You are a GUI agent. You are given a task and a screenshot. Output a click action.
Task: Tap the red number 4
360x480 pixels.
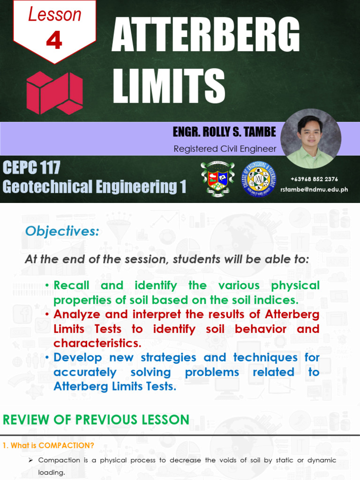coord(54,41)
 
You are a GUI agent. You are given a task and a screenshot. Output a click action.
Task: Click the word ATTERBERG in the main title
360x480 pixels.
coord(205,37)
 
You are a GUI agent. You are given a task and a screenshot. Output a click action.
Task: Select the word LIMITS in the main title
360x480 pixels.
coord(169,85)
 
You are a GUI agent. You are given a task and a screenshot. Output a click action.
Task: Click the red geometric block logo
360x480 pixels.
coord(54,93)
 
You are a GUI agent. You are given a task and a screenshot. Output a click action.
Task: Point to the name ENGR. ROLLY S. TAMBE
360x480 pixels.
coord(224,132)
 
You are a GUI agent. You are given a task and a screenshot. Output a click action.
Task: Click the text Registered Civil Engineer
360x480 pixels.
coord(225,149)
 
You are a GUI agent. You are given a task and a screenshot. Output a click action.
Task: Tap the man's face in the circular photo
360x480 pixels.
coord(310,133)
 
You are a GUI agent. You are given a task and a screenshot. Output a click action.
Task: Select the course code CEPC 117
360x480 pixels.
coord(31,167)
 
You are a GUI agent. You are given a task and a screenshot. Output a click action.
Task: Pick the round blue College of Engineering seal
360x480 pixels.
coord(259,179)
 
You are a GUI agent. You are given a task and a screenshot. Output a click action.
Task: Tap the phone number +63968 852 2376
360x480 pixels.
coord(314,179)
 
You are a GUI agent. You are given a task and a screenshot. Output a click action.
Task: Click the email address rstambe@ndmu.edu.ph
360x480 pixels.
coord(314,189)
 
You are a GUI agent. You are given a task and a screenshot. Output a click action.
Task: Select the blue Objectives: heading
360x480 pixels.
coord(62,231)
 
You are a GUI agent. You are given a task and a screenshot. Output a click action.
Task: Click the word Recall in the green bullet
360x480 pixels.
coord(71,285)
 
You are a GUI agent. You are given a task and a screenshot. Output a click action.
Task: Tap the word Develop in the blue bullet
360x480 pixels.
coord(77,357)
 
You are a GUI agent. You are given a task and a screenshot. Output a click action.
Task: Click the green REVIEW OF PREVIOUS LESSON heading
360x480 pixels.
coord(96,420)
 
